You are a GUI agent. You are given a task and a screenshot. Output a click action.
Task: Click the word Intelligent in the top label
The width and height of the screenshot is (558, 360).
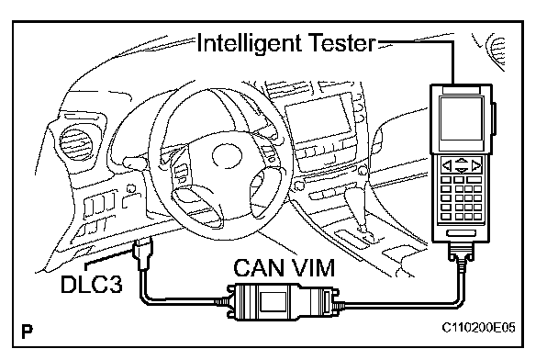tap(249, 44)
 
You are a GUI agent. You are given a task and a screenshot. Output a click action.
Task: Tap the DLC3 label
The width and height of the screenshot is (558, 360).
tap(92, 284)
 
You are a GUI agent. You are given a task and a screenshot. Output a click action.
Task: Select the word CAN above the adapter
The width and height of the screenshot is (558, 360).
tap(260, 268)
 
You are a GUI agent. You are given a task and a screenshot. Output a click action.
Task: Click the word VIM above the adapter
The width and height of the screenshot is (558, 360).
tap(313, 268)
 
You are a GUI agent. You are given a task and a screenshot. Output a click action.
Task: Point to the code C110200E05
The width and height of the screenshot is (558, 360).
tap(479, 327)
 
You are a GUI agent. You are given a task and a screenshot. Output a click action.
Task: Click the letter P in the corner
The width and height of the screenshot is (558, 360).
tap(27, 332)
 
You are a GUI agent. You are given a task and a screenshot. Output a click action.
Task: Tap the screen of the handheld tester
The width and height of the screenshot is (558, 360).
tap(462, 119)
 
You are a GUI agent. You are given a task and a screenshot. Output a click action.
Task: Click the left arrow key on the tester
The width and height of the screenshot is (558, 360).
tap(447, 165)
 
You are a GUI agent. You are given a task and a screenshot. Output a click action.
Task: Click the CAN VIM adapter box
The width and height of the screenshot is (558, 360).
tap(283, 301)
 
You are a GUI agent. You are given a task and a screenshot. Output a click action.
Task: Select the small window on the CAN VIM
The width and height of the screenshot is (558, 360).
tap(273, 301)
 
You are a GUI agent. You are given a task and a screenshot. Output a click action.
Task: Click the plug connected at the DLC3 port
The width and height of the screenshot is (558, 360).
tap(143, 253)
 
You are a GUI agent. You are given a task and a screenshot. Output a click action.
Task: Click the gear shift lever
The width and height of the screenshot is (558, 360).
tap(359, 210)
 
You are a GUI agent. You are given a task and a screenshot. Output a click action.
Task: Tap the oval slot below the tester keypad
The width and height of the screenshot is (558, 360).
tap(462, 233)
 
